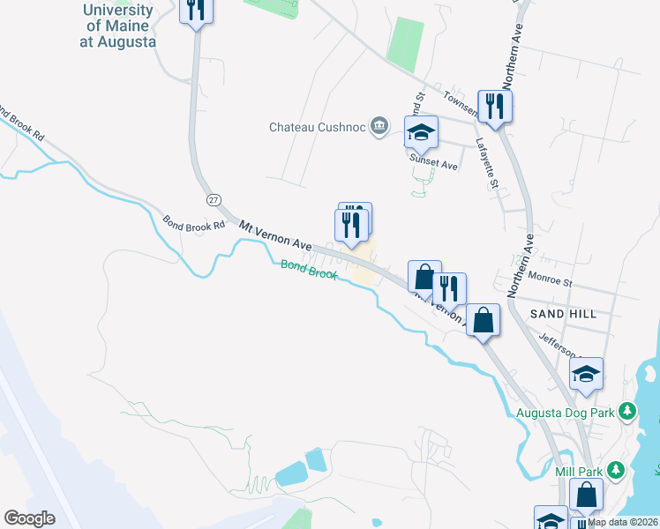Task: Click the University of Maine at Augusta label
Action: point(117,25)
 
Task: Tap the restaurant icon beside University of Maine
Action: point(195,11)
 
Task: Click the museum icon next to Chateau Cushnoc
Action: point(379,126)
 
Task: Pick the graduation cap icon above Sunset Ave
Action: point(421,132)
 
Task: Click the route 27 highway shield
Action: point(214,200)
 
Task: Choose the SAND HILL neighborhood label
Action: point(563,314)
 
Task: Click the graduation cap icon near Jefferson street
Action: point(586,374)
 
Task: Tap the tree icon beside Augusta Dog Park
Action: point(627,411)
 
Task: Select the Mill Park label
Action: point(578,470)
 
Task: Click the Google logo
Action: point(29,518)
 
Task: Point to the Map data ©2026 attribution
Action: point(623,522)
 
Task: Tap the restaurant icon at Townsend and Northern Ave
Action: point(495,107)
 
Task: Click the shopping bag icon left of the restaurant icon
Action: point(424,276)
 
